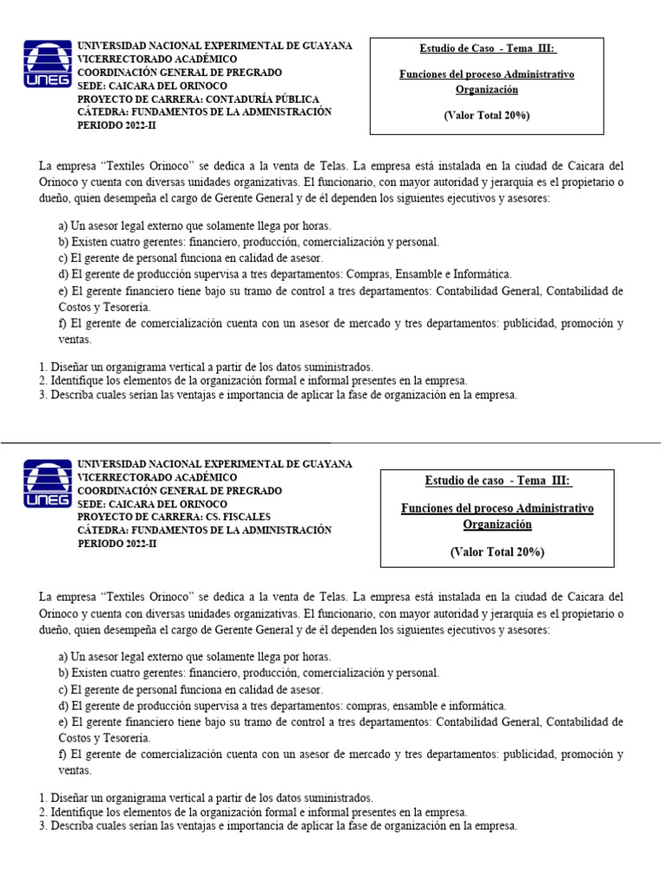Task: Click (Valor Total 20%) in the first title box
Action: pyautogui.click(x=487, y=115)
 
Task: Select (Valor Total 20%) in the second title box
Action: pyautogui.click(x=497, y=551)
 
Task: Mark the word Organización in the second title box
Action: pyautogui.click(x=497, y=525)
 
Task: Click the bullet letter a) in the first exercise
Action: pyautogui.click(x=64, y=226)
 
